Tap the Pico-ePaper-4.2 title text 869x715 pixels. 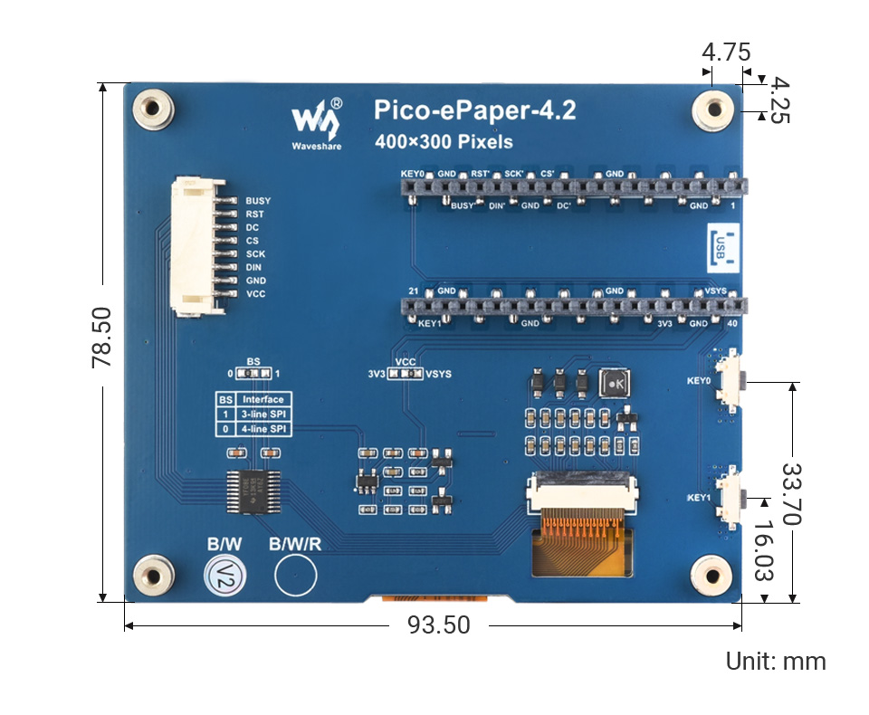(x=474, y=111)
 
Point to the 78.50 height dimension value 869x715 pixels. (x=101, y=336)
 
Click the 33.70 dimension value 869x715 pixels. (x=792, y=494)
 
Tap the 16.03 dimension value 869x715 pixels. (x=766, y=550)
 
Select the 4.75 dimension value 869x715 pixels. (x=726, y=52)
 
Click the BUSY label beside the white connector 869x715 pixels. (x=258, y=201)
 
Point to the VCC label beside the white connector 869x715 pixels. (x=256, y=294)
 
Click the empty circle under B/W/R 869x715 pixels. (x=295, y=574)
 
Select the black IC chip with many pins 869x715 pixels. (x=247, y=491)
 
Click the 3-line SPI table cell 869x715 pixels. (x=263, y=414)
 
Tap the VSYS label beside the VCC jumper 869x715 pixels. (x=439, y=374)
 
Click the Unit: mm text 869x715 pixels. (x=776, y=662)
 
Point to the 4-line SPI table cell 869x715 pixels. (x=263, y=427)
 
